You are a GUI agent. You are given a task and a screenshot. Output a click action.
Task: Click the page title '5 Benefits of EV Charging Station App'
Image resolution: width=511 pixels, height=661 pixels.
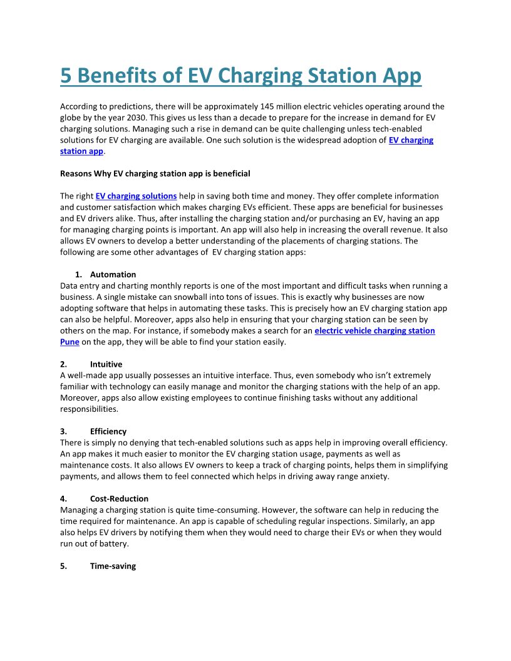click(240, 76)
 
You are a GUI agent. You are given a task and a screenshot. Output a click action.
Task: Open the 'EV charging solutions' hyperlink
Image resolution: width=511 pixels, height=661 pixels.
click(136, 196)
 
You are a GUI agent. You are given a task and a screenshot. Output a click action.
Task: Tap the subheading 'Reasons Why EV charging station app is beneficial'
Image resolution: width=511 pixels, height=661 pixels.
click(155, 173)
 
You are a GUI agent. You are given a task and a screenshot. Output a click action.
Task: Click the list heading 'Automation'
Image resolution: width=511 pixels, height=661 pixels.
click(113, 274)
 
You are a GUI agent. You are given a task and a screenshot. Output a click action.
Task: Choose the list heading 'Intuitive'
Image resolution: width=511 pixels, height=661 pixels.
click(106, 364)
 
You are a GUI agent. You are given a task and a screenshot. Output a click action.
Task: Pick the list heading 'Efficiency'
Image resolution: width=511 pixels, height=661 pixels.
click(108, 431)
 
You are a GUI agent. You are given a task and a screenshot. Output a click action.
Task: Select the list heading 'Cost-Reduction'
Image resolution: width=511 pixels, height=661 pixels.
click(119, 499)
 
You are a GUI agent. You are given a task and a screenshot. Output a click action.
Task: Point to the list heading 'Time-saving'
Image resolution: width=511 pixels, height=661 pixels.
click(113, 566)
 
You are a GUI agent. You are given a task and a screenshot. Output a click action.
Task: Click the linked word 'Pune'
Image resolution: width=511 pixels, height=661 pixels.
click(70, 342)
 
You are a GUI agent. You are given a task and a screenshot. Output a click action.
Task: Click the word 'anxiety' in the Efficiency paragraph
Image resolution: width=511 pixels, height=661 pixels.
click(372, 476)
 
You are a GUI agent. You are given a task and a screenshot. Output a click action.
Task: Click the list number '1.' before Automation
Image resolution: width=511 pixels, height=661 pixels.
click(78, 274)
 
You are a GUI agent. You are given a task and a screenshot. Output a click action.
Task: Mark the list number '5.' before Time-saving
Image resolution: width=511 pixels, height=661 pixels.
click(64, 566)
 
